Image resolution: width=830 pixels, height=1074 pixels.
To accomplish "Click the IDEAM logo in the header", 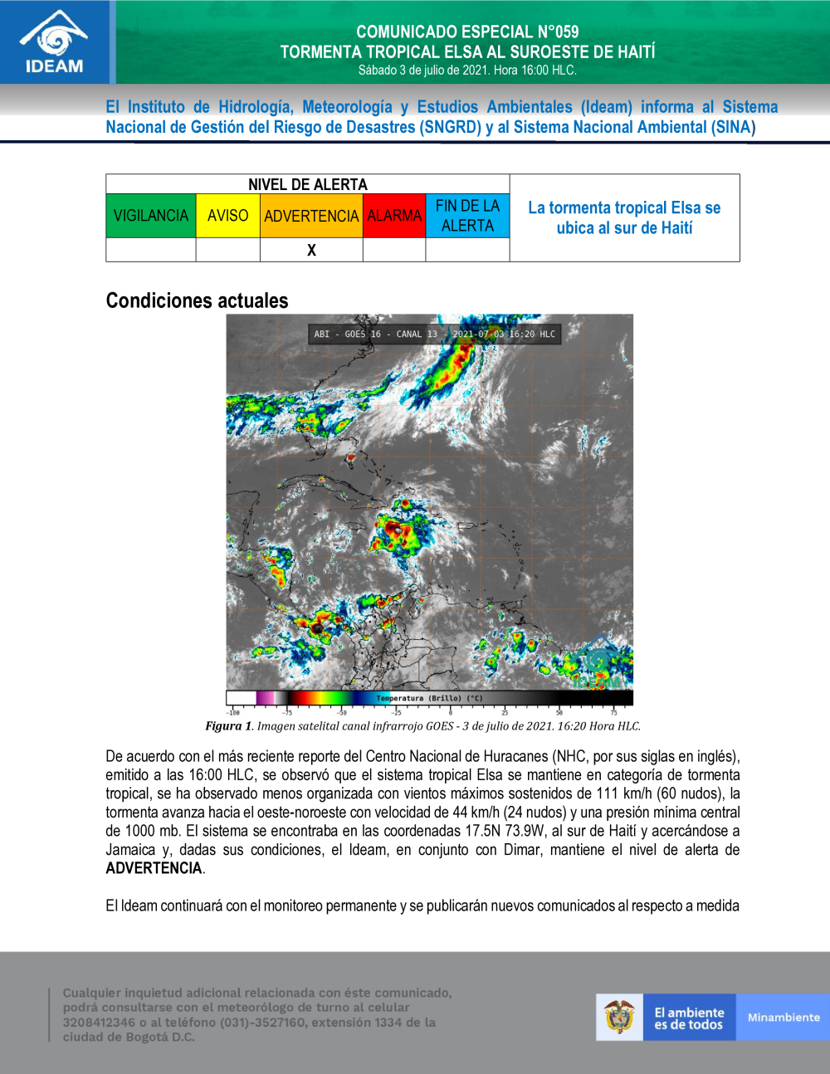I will point(55,42).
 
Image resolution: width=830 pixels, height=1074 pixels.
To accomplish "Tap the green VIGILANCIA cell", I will point(151,216).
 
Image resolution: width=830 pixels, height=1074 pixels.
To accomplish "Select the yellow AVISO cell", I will point(227,216).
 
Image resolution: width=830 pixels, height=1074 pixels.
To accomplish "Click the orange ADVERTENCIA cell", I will point(311,216).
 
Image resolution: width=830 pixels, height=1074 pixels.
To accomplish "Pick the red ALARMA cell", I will point(394,216).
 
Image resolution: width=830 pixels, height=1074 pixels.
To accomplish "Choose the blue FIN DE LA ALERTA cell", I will point(467,216).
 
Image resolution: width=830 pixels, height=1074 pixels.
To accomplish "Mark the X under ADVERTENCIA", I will point(311,250).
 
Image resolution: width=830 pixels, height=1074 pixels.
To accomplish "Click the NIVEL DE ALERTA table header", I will point(307,184).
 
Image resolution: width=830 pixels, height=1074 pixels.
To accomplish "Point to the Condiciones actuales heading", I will point(197,300).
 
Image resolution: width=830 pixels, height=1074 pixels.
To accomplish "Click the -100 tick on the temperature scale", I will point(233,712).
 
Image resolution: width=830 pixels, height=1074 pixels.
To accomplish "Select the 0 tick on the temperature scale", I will point(451,712).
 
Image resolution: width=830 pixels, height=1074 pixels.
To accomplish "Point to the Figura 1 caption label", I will point(228,726).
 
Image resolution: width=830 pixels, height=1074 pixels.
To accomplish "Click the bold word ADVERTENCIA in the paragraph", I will point(154,868).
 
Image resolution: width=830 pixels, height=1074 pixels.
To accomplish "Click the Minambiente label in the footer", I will point(783,1018).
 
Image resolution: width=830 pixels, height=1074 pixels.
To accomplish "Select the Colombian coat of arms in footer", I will point(619,1018).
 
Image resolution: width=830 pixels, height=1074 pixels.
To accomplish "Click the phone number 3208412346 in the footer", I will point(99,1023).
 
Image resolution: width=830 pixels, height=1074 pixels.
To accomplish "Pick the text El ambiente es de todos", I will point(689,1018).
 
